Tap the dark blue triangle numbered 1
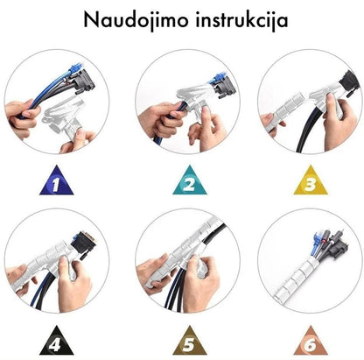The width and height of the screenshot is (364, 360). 57,180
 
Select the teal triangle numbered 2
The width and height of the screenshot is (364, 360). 190,180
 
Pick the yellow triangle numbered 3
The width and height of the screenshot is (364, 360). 311,180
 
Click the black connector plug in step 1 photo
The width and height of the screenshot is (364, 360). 84,81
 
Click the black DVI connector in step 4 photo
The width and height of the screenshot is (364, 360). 84,244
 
